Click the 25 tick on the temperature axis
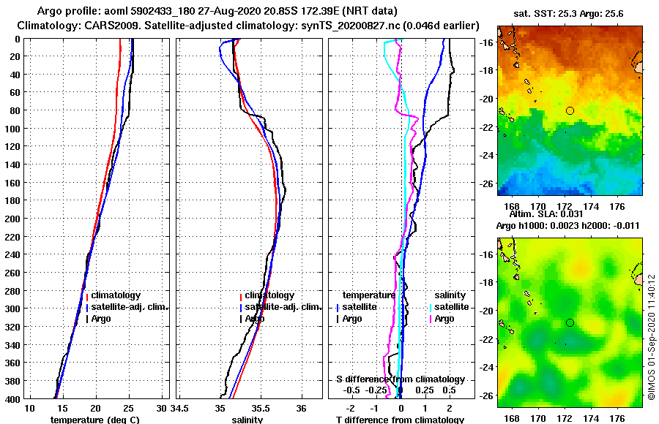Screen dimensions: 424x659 point(129,406)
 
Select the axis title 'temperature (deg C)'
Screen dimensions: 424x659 point(94,420)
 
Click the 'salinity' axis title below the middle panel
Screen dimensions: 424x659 point(247,420)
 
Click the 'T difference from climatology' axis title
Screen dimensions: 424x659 point(400,420)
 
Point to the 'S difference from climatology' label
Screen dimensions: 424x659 point(400,379)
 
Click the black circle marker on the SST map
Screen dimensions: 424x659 point(570,110)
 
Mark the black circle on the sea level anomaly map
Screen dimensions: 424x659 point(570,322)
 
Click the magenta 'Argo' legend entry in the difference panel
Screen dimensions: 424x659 point(444,319)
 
